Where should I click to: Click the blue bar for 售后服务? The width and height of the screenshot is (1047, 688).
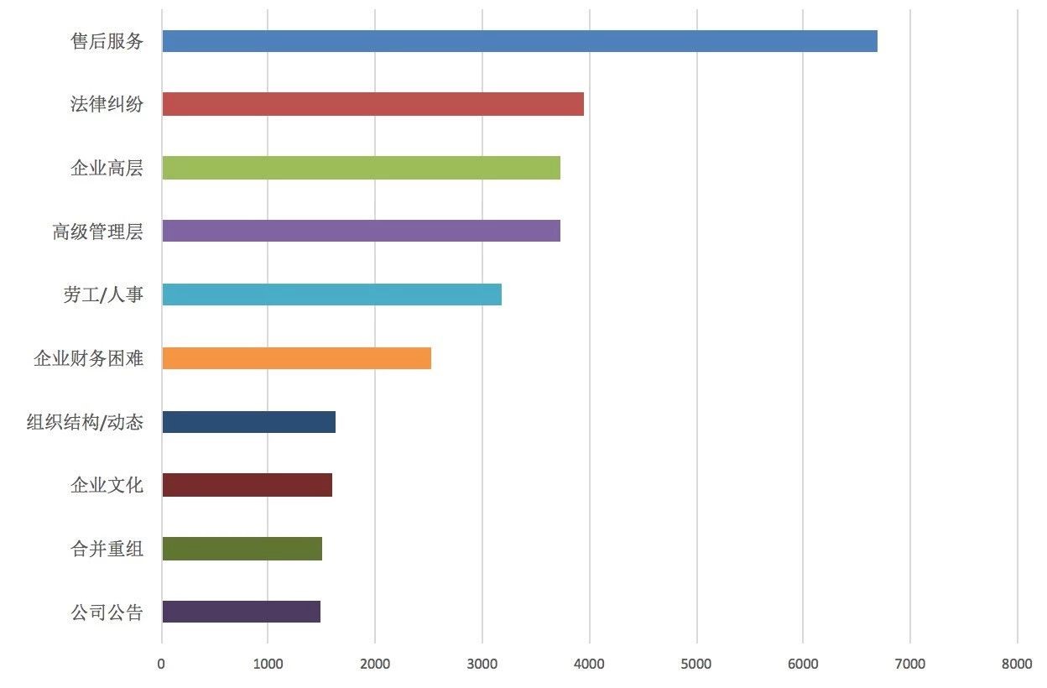[519, 41]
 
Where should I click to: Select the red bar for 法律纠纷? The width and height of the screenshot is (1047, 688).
[372, 104]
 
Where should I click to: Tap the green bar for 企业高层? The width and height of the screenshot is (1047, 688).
[361, 168]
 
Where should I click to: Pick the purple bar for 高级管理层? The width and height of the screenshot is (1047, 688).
[361, 231]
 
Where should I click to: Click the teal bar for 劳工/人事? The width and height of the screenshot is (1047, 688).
[331, 294]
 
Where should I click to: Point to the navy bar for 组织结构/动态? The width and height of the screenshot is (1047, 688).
[248, 422]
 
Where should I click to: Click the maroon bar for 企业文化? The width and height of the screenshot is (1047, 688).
[247, 485]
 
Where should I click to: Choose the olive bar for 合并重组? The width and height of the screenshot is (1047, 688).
[242, 549]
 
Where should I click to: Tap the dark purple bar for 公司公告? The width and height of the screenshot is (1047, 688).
[241, 612]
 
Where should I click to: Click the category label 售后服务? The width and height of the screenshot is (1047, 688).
[107, 41]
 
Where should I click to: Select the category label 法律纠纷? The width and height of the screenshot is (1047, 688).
[107, 104]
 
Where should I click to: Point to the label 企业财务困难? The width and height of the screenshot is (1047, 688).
[88, 358]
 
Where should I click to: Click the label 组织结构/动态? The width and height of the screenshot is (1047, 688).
[85, 422]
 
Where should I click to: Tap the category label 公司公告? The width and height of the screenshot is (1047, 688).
[107, 612]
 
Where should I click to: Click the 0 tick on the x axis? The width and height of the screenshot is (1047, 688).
[161, 665]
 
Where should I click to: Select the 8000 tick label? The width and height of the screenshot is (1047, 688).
[1017, 665]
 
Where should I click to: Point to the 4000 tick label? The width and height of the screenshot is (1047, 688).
[589, 665]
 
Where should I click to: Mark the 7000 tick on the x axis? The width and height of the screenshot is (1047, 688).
[910, 665]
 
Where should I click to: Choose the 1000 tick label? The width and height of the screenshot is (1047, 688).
[268, 665]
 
